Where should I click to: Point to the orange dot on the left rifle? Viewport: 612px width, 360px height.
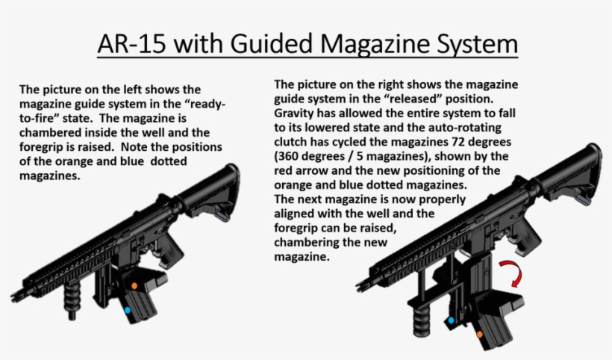(134, 285)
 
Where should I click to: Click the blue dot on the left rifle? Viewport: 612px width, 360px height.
(127, 309)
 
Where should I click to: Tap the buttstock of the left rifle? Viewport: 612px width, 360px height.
(216, 191)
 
